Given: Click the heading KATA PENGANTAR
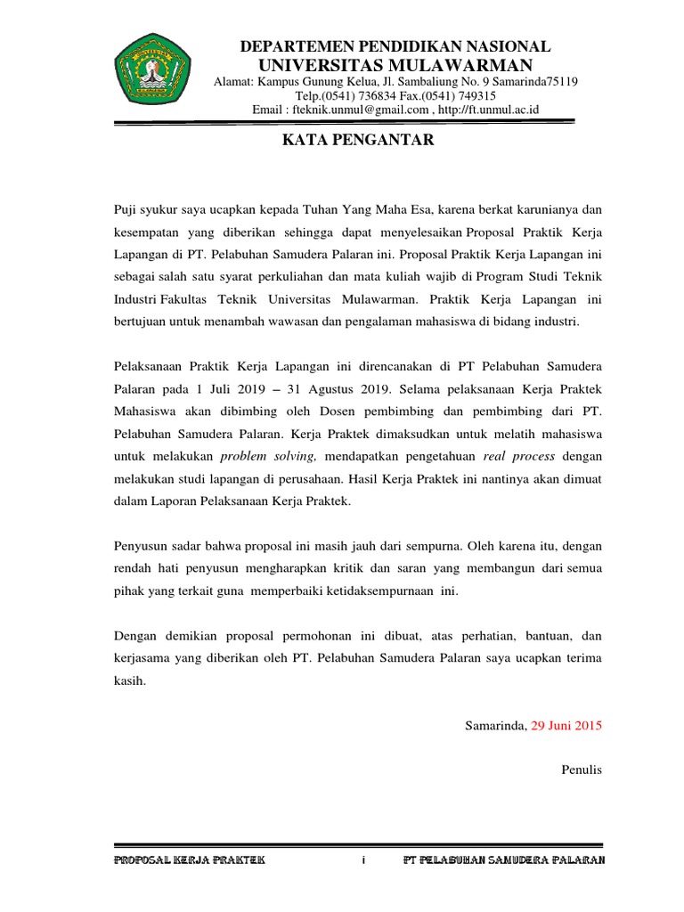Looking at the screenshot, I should click(358, 140).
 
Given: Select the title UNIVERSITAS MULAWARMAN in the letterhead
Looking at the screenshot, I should click(395, 65).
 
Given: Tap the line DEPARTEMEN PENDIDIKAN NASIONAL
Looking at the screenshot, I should click(396, 46).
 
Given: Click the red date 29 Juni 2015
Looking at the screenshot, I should click(566, 725).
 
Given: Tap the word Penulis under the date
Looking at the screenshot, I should click(582, 769).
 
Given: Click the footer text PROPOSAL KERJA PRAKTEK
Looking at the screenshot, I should click(183, 859).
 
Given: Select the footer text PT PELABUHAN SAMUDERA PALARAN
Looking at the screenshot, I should click(505, 859).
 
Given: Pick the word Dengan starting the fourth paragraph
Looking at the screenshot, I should click(136, 636).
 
